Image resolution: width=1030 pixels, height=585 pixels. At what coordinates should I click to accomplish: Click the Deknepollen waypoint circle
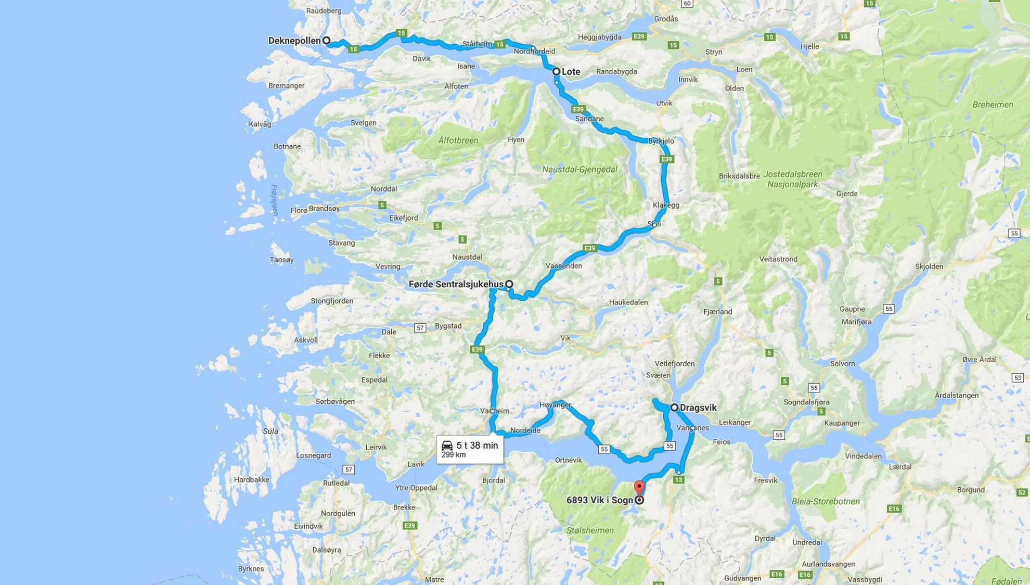[x=326, y=41]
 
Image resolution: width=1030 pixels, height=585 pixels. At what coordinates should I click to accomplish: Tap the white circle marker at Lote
[x=556, y=71]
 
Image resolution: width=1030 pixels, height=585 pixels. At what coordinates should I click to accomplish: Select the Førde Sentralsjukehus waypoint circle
[x=509, y=284]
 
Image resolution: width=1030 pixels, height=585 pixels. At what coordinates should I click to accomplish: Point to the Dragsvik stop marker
[x=674, y=408]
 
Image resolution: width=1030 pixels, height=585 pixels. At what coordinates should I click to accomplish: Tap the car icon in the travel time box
[x=447, y=446]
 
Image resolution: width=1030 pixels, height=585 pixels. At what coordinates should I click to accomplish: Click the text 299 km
[x=453, y=455]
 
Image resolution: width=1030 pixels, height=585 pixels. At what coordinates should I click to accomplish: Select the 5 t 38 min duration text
[x=477, y=446]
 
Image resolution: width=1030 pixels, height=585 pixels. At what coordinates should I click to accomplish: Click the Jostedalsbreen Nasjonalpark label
[x=793, y=179]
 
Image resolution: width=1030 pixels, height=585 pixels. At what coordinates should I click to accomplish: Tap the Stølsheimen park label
[x=590, y=530]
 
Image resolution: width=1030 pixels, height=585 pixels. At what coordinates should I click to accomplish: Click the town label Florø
[x=299, y=210]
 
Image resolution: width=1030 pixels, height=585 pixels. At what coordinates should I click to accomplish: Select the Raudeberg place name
[x=324, y=10]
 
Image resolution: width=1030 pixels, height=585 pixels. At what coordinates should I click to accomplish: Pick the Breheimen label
[x=993, y=105]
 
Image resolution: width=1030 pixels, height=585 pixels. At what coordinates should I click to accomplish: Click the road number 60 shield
[x=687, y=4]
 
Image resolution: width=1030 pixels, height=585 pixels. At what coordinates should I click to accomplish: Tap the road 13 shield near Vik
[x=678, y=479]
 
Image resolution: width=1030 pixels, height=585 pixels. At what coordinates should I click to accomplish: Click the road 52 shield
[x=1022, y=492]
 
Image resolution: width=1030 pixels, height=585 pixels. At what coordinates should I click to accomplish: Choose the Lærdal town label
[x=900, y=467]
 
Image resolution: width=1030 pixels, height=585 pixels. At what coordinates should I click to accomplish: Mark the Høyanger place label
[x=555, y=404]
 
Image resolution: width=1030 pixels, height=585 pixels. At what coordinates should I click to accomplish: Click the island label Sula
[x=271, y=431]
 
